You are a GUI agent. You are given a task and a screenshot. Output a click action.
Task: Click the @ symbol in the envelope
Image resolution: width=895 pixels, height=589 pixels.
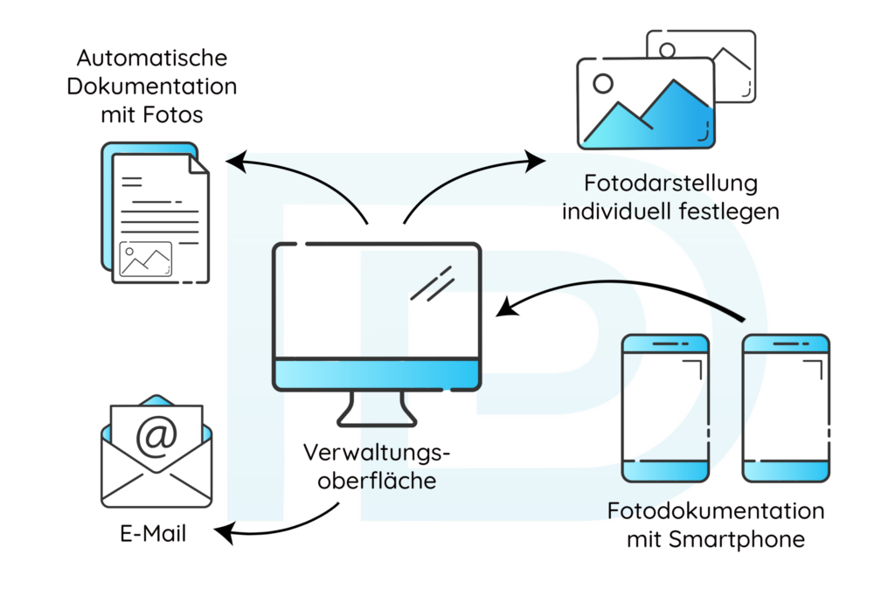(156, 435)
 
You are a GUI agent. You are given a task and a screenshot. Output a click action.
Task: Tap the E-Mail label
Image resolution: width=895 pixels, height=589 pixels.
(154, 533)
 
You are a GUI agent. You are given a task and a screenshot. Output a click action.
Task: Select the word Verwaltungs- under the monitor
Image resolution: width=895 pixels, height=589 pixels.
(378, 454)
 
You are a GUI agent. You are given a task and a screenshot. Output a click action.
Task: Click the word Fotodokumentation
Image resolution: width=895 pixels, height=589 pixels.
(716, 510)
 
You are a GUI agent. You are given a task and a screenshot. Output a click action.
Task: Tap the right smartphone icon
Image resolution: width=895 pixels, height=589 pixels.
(785, 407)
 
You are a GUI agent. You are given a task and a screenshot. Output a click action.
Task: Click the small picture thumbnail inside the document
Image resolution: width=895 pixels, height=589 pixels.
(145, 260)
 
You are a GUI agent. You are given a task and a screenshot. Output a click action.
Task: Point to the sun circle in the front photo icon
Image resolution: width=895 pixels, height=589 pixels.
(602, 84)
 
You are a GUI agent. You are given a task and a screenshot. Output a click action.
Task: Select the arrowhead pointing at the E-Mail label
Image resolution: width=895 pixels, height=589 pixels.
(223, 530)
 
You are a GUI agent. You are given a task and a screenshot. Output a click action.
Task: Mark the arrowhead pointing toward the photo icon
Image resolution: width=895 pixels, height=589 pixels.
(536, 160)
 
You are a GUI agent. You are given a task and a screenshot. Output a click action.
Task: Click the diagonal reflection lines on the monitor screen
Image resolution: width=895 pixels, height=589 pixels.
(434, 282)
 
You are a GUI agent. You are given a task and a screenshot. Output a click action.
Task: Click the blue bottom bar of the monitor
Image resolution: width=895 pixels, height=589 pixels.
(377, 375)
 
